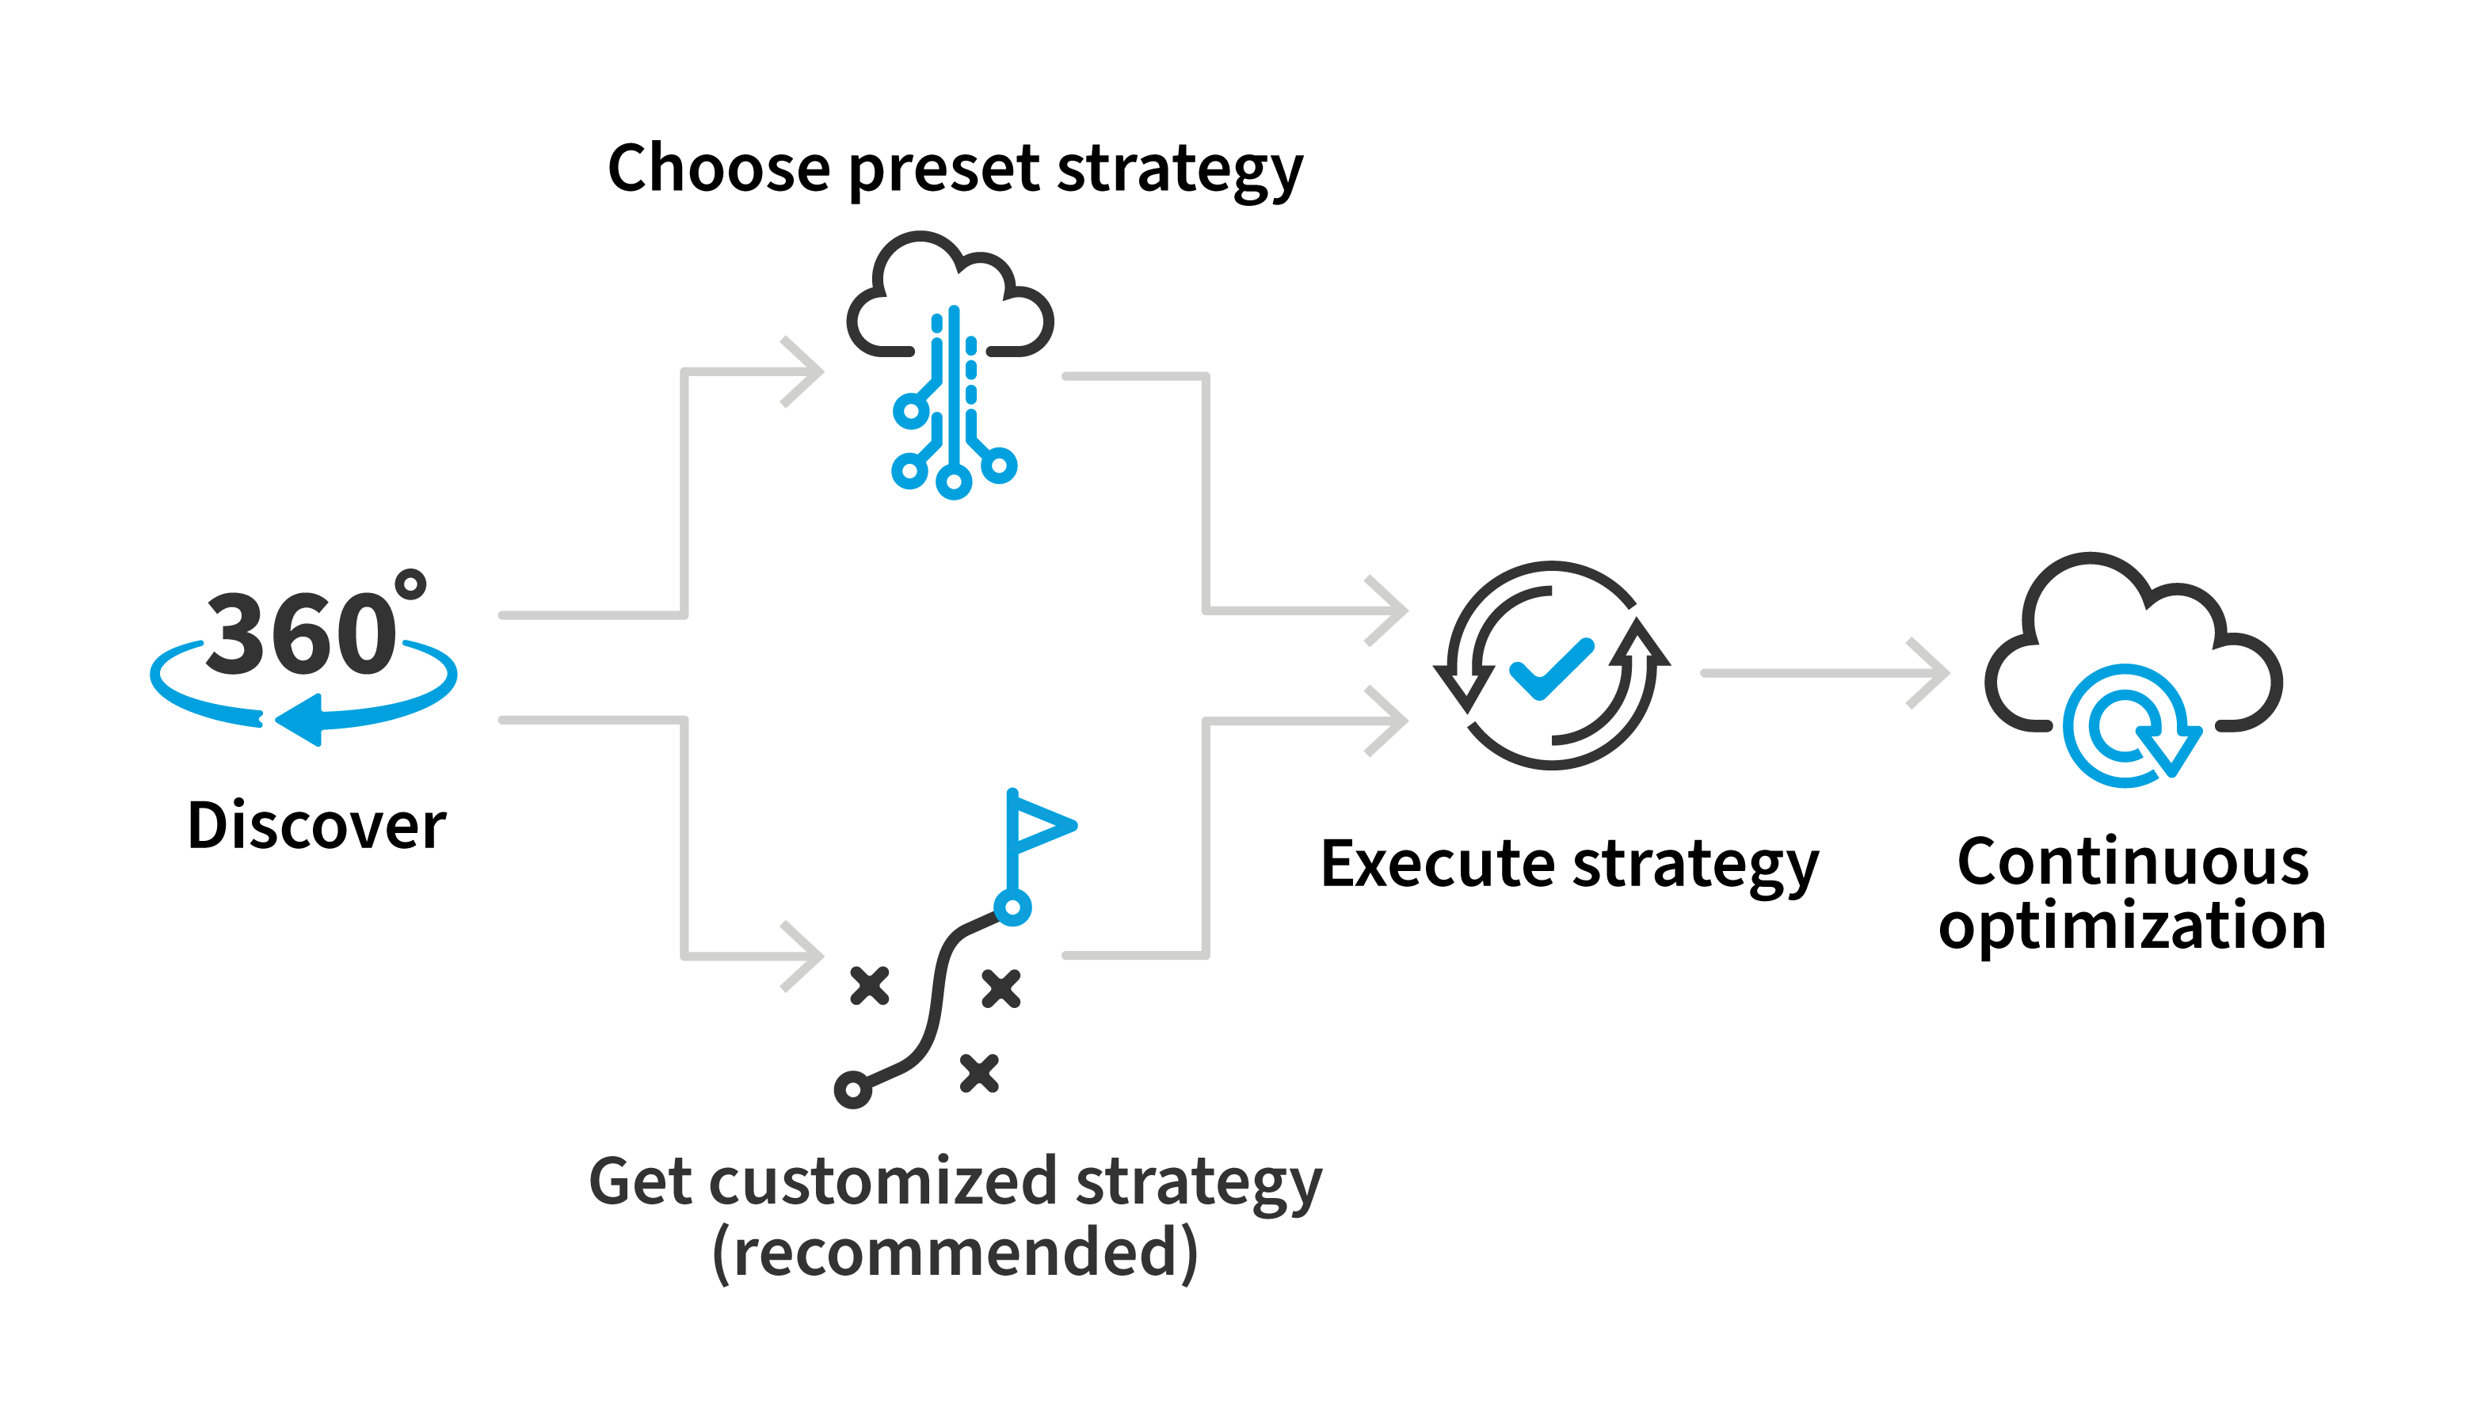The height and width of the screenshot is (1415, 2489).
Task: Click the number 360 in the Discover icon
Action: point(300,634)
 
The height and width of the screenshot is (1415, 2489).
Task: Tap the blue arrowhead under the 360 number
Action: point(300,720)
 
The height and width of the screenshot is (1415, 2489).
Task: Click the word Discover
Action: point(316,826)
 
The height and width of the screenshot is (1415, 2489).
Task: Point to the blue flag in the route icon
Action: point(1040,825)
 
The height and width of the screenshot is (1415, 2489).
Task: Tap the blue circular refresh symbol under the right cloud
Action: point(2127,726)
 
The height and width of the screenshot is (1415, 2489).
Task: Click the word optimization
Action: point(2133,926)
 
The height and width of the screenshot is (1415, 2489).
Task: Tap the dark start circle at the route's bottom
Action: point(852,1090)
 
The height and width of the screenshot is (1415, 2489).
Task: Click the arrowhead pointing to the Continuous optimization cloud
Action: point(1930,672)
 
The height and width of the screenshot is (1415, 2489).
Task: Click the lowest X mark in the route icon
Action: point(979,1073)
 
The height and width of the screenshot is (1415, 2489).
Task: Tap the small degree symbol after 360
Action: point(410,584)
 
